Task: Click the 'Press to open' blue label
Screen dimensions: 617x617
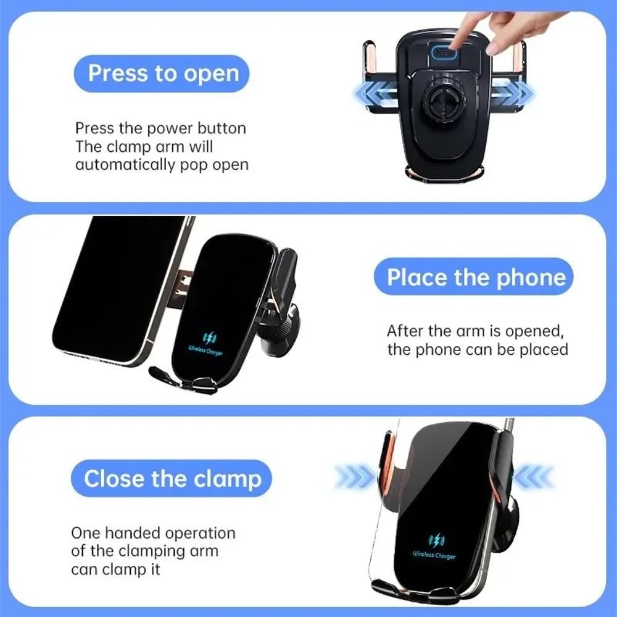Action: tap(161, 73)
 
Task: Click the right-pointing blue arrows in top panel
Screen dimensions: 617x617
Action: tap(514, 93)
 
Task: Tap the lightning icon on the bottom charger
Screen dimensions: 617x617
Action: tap(436, 540)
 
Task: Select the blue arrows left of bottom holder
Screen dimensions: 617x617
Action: tap(354, 477)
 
